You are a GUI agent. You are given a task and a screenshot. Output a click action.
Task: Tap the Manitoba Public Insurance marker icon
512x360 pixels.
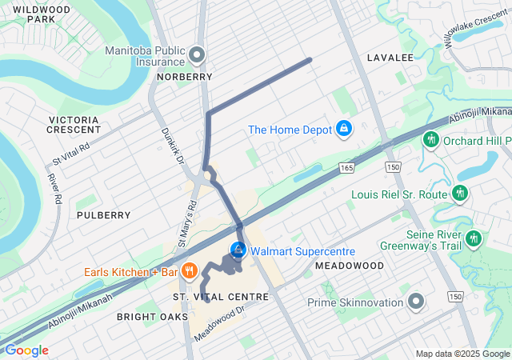tap(198, 55)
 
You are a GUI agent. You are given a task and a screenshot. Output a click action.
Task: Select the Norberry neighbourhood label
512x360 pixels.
tap(186, 77)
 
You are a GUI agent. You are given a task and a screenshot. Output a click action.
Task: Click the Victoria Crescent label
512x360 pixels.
tap(73, 125)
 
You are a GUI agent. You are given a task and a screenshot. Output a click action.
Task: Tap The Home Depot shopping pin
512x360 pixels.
tap(343, 129)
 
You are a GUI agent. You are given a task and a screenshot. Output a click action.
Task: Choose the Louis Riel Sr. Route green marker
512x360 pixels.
tap(459, 194)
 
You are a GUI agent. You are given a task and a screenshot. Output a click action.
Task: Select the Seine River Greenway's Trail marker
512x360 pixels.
tap(473, 238)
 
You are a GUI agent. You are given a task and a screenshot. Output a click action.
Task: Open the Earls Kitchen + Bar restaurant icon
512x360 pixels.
tap(190, 271)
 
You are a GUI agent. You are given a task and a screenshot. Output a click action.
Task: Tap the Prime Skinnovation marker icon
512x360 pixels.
tap(415, 302)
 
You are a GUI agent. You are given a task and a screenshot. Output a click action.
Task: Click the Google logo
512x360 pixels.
tap(26, 350)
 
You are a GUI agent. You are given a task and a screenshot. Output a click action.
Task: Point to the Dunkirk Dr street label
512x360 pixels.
tap(173, 147)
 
